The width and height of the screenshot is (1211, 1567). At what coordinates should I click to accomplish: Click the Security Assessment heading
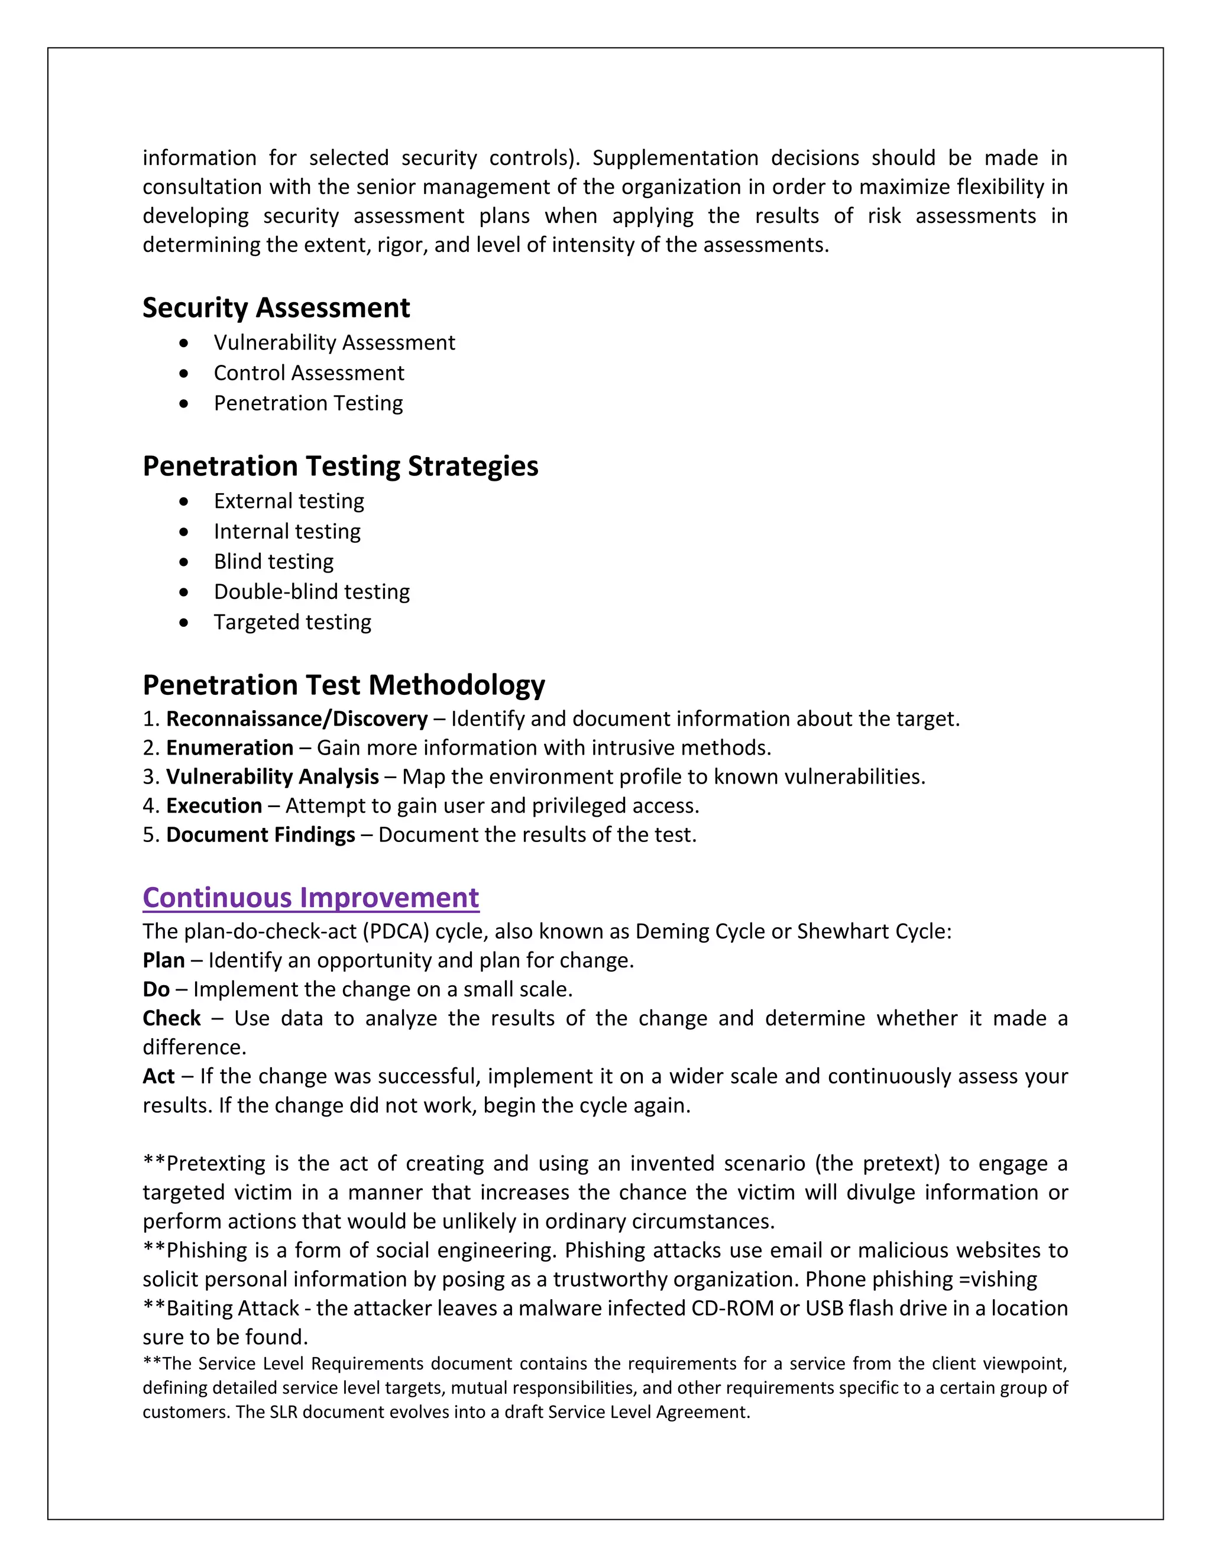coord(276,308)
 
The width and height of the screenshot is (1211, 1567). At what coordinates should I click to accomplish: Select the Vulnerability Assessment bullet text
coord(334,343)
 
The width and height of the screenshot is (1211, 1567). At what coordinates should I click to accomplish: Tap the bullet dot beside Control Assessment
coord(185,373)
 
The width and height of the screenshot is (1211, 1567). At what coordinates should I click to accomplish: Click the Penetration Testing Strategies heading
coord(340,467)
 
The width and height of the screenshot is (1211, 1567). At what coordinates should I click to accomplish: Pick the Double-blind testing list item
coord(312,592)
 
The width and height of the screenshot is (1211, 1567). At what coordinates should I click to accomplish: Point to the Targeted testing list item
coord(292,622)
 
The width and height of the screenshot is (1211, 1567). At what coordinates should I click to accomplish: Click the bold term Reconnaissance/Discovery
coord(297,719)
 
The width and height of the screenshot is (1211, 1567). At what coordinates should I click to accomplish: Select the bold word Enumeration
coord(229,747)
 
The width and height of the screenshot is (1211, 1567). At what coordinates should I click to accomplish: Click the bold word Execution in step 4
coord(214,806)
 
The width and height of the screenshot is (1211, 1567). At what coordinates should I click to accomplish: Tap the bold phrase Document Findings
coord(260,834)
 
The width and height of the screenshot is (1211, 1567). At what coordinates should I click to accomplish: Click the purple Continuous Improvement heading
coord(310,898)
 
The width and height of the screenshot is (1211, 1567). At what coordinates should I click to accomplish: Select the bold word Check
coord(171,1018)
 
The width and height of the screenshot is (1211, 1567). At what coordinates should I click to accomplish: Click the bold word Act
coord(158,1076)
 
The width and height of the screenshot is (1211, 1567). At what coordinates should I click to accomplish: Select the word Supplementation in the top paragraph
coord(675,158)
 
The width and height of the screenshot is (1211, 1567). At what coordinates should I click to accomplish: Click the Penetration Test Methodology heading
coord(344,685)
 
